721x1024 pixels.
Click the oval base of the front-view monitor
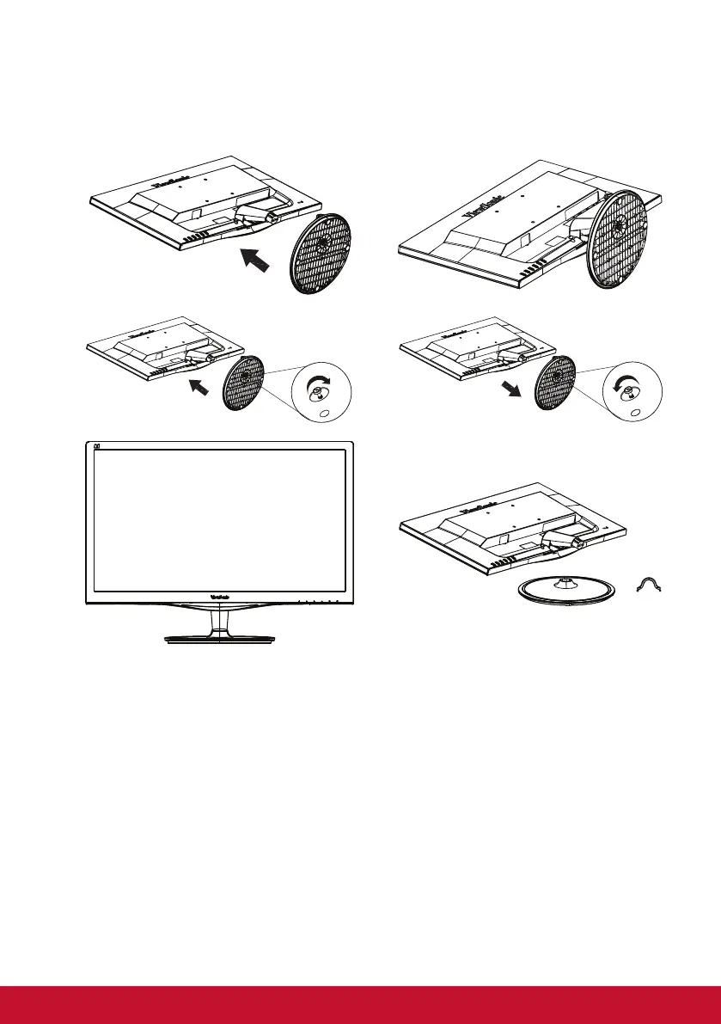click(x=218, y=638)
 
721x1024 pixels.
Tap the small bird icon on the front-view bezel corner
click(x=96, y=446)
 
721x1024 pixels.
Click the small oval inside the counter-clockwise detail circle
click(x=635, y=413)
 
